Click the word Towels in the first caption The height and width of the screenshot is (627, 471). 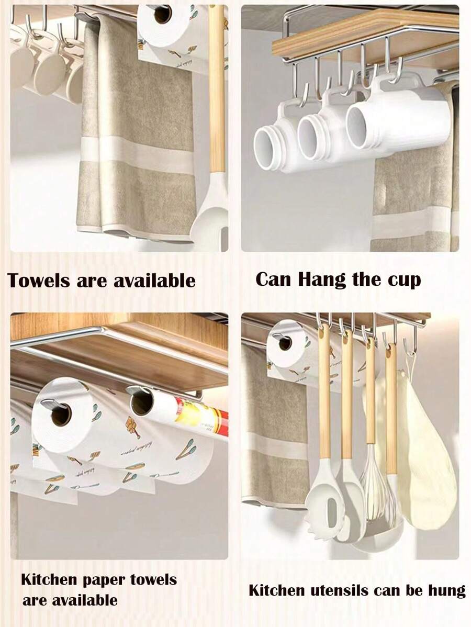pyautogui.click(x=39, y=280)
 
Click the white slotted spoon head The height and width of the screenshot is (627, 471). pyautogui.click(x=326, y=506)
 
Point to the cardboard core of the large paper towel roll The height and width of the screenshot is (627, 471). pyautogui.click(x=61, y=416)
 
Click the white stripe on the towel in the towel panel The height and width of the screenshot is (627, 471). pyautogui.click(x=138, y=152)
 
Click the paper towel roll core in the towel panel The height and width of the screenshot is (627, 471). pyautogui.click(x=163, y=15)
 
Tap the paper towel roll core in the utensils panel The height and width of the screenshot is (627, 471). pyautogui.click(x=285, y=343)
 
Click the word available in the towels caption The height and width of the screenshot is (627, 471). pyautogui.click(x=155, y=280)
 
